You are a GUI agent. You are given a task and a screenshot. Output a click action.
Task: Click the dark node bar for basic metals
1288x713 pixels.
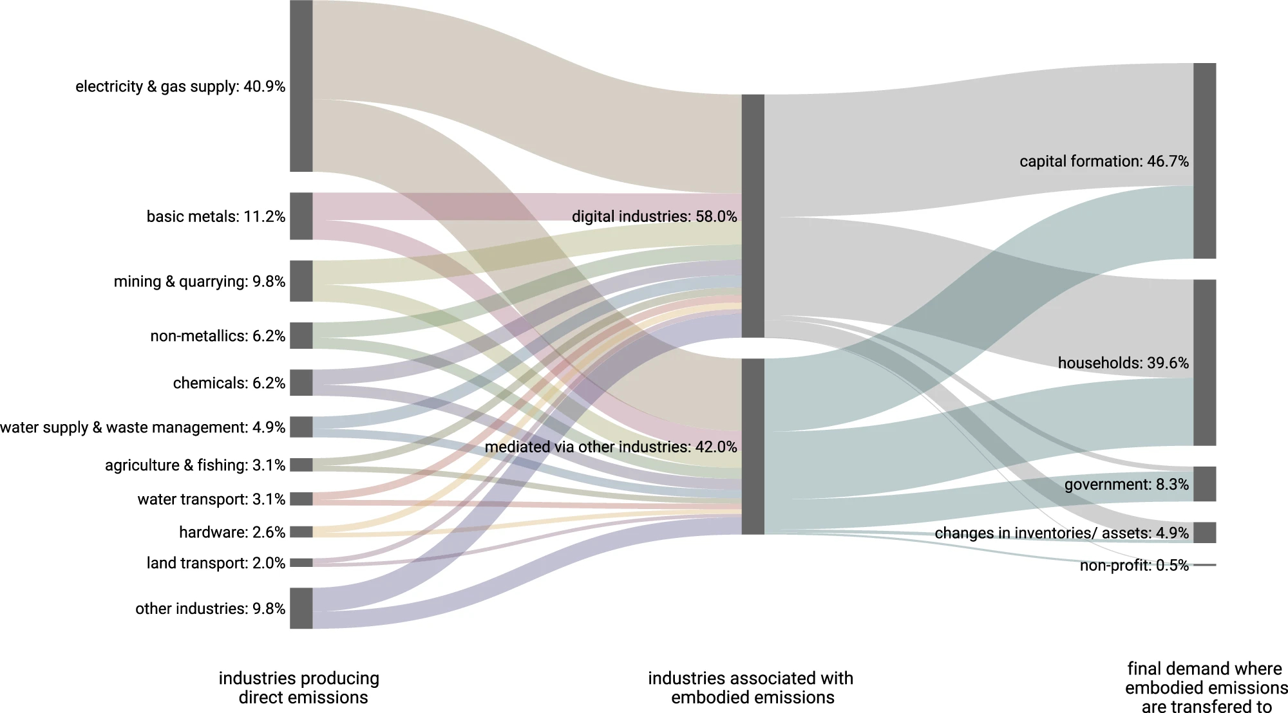click(x=301, y=216)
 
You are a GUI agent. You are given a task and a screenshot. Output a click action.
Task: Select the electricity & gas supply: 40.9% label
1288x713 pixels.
click(x=180, y=86)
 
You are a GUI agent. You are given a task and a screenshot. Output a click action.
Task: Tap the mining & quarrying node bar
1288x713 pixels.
click(x=301, y=281)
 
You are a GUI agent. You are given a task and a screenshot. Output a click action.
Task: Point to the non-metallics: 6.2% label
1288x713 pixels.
click(x=218, y=336)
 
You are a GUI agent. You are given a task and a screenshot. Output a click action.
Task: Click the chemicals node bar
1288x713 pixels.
click(x=301, y=383)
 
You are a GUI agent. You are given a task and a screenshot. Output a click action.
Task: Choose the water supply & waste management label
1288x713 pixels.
click(x=142, y=427)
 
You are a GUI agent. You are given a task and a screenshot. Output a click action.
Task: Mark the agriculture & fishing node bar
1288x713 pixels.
click(x=301, y=465)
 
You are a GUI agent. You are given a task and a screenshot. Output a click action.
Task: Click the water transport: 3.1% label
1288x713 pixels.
click(x=211, y=499)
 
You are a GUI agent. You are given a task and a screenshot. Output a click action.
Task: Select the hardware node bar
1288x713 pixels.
click(x=301, y=532)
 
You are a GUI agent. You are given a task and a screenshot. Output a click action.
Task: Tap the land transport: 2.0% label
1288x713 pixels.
click(x=216, y=563)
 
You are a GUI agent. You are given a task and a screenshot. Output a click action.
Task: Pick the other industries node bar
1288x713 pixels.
click(x=301, y=608)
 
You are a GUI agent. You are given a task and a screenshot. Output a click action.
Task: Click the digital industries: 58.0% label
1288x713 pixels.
click(x=654, y=216)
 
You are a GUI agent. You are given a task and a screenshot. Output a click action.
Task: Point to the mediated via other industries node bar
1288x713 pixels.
click(x=753, y=447)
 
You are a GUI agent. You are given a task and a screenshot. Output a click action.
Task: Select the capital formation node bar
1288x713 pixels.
click(x=1204, y=161)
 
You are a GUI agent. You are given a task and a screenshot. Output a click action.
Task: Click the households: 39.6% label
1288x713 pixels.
click(x=1123, y=363)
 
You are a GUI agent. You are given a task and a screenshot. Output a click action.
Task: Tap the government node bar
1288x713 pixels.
click(x=1204, y=484)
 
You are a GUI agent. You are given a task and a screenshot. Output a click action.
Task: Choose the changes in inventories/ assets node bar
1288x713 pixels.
click(x=1204, y=533)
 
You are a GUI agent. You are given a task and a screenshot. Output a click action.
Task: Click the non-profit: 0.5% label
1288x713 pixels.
click(x=1134, y=565)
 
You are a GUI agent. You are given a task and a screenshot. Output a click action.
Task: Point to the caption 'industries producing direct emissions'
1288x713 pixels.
click(x=299, y=687)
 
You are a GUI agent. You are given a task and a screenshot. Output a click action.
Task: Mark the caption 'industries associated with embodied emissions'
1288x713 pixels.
click(x=751, y=687)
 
